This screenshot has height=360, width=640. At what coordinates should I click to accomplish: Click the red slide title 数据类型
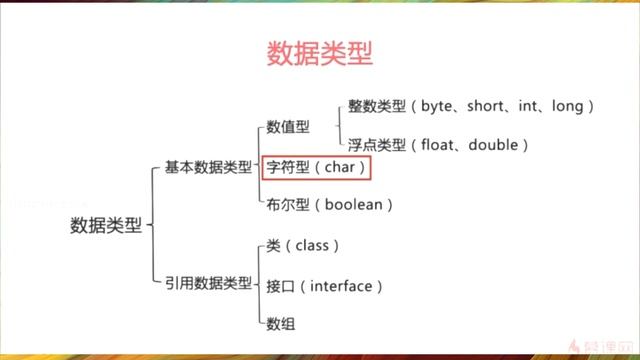coord(319,54)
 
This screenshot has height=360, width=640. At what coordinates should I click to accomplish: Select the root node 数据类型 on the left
coord(107,226)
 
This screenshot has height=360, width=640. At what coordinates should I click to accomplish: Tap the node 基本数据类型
coord(208,167)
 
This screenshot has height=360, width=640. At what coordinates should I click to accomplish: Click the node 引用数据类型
coord(208,284)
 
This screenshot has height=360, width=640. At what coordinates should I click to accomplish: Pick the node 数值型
coord(288,127)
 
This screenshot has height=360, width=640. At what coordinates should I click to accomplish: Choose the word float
coord(441,145)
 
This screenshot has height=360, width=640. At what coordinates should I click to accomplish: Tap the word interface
coord(341,286)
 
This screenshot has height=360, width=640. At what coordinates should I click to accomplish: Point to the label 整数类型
coord(375,105)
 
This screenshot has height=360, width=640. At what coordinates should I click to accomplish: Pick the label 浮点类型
coord(375,145)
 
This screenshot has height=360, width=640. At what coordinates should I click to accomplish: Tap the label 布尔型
coord(288,205)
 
